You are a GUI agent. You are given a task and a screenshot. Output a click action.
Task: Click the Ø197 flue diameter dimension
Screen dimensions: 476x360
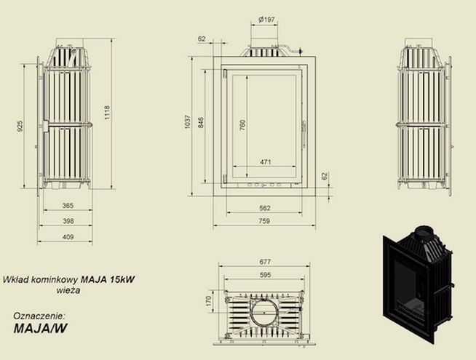pos(266,20)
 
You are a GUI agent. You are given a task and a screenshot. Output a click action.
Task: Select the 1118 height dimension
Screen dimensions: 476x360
pos(107,113)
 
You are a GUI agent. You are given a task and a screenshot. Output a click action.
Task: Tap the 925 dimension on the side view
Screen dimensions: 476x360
pos(20,126)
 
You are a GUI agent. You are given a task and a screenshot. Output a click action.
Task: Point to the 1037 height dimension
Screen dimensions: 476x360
pos(188,122)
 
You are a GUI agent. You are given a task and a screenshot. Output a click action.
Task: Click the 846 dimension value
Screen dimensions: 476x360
pos(201,122)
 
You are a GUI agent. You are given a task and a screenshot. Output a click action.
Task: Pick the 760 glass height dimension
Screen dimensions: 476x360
pos(242,125)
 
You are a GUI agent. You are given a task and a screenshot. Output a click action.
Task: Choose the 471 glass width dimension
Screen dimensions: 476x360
pos(266,162)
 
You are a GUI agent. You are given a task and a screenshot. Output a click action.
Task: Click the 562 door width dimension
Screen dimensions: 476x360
pos(265,208)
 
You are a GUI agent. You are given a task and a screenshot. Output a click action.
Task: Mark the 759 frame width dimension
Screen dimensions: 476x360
pos(264,221)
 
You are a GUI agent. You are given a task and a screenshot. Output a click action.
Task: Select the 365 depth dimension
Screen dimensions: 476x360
pos(68,206)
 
